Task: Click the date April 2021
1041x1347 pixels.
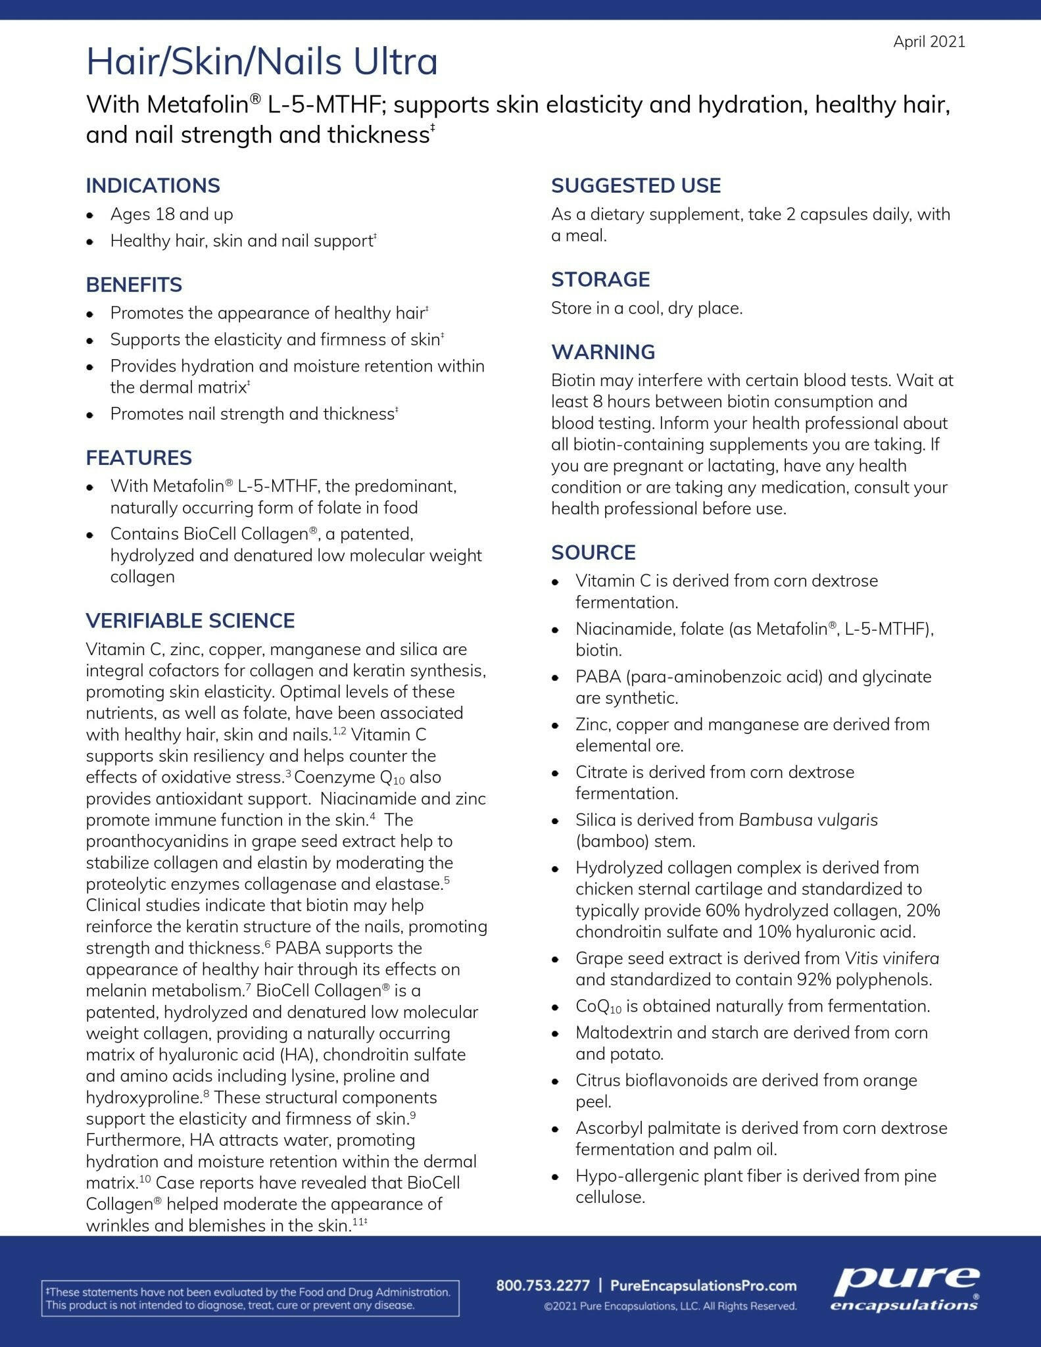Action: point(929,42)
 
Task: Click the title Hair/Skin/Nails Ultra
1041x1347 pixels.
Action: point(262,62)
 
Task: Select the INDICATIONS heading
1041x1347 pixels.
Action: point(153,185)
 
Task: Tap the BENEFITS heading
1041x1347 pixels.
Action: point(133,285)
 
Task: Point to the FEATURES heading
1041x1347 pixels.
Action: point(139,458)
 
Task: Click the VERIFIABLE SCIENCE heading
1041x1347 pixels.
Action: point(190,621)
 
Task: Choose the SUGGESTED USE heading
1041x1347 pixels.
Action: point(636,185)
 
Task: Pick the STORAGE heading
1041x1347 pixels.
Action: point(600,280)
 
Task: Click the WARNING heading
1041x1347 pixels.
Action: point(603,352)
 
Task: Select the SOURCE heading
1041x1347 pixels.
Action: point(593,552)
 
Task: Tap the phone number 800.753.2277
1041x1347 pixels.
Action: point(543,1285)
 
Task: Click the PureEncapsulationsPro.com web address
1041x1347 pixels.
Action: point(703,1285)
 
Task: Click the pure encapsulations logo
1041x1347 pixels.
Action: point(905,1289)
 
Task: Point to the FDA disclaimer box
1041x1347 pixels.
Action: point(251,1298)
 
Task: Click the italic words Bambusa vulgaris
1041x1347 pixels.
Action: point(808,820)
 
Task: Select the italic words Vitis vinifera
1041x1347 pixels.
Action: point(892,958)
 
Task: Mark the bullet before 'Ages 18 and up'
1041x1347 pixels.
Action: point(91,215)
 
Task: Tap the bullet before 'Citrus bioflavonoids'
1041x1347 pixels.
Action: point(556,1081)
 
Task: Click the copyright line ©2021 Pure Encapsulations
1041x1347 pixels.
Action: point(670,1306)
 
